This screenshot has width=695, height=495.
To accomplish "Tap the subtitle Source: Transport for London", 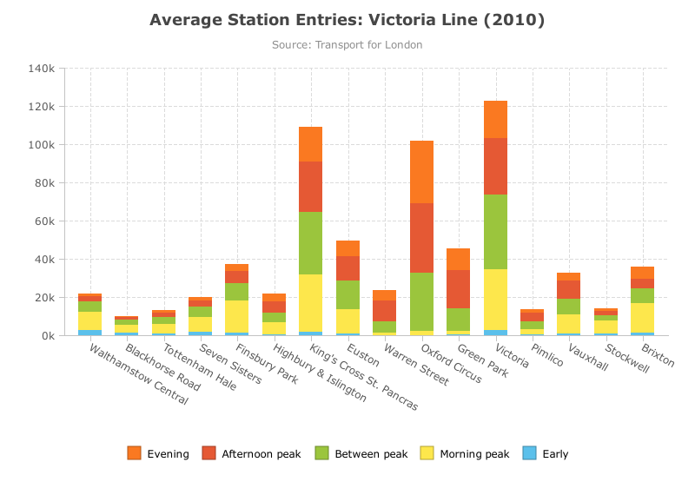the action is pyautogui.click(x=347, y=45).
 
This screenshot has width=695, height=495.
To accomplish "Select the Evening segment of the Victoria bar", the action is pyautogui.click(x=495, y=120).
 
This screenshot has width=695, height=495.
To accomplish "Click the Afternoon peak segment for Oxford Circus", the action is pyautogui.click(x=422, y=238).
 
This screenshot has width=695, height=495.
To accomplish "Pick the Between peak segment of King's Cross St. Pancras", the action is pyautogui.click(x=311, y=243).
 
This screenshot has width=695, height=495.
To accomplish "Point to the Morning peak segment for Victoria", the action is pyautogui.click(x=495, y=300).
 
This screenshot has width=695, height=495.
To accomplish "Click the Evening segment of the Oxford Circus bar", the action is pyautogui.click(x=422, y=173).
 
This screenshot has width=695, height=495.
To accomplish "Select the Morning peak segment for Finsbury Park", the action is pyautogui.click(x=236, y=316).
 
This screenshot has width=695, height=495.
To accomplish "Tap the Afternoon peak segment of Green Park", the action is pyautogui.click(x=459, y=289).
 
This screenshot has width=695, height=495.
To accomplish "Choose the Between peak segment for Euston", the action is pyautogui.click(x=348, y=294).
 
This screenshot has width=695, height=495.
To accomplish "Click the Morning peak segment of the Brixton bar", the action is pyautogui.click(x=643, y=318).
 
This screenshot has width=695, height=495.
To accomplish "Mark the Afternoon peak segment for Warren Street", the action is pyautogui.click(x=385, y=311).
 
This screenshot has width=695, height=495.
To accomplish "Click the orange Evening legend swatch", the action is pyautogui.click(x=135, y=453).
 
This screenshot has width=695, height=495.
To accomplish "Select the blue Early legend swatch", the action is pyautogui.click(x=530, y=453).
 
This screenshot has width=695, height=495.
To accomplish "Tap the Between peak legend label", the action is pyautogui.click(x=372, y=454).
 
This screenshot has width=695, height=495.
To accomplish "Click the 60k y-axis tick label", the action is pyautogui.click(x=45, y=221).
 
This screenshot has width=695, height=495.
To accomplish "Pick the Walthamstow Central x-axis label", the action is pyautogui.click(x=139, y=374).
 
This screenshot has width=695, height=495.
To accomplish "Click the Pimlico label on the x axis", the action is pyautogui.click(x=547, y=355).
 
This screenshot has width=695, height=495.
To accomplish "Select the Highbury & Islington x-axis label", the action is pyautogui.click(x=320, y=373).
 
